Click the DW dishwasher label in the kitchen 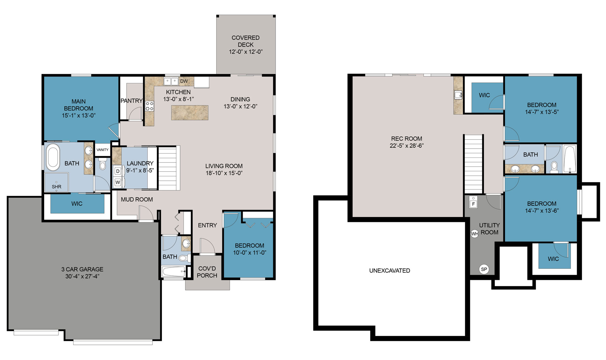[184, 81]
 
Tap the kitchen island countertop [190, 113]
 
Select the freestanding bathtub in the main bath [53, 157]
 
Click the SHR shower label [56, 187]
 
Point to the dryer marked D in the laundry [118, 171]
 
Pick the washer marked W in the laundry [118, 182]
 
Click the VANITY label [102, 150]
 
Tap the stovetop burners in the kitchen [150, 106]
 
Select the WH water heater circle [475, 234]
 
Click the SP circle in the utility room [484, 269]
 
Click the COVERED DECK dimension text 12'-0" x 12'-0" [246, 52]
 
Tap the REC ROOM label [407, 139]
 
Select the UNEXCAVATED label [389, 271]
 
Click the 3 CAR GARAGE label [82, 269]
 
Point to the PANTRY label [132, 101]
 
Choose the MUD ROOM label [137, 199]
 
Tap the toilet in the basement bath [554, 167]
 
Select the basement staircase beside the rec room [473, 164]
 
